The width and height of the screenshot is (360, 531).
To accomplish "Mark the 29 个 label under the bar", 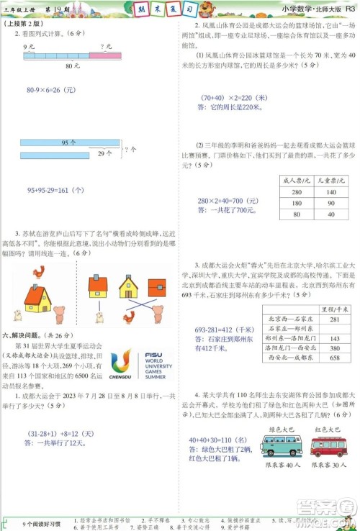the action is pos(104,154).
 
